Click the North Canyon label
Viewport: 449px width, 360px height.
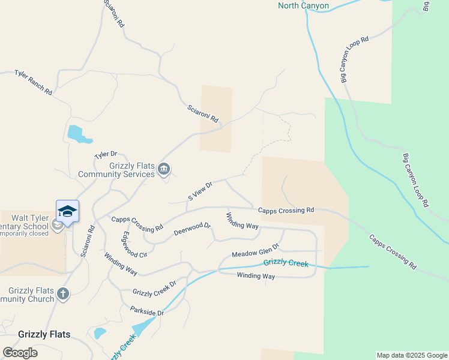coord(303,6)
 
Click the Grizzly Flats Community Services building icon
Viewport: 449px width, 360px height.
coord(164,171)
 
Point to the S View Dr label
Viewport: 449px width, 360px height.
coord(200,191)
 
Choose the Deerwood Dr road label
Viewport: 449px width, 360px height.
coord(192,229)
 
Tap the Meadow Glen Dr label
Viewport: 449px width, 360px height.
coord(256,250)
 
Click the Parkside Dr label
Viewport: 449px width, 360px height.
coord(147,311)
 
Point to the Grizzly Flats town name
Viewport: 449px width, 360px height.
coord(44,334)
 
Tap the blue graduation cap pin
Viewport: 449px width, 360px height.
coord(67,211)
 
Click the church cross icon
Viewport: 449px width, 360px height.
coord(63,294)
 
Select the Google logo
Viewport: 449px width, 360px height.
coord(20,353)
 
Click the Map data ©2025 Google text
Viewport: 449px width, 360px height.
coord(412,355)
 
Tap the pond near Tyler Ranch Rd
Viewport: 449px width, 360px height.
coord(77,134)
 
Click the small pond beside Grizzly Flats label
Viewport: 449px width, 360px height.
coord(100,332)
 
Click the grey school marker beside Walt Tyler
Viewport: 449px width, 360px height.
coord(58,226)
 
